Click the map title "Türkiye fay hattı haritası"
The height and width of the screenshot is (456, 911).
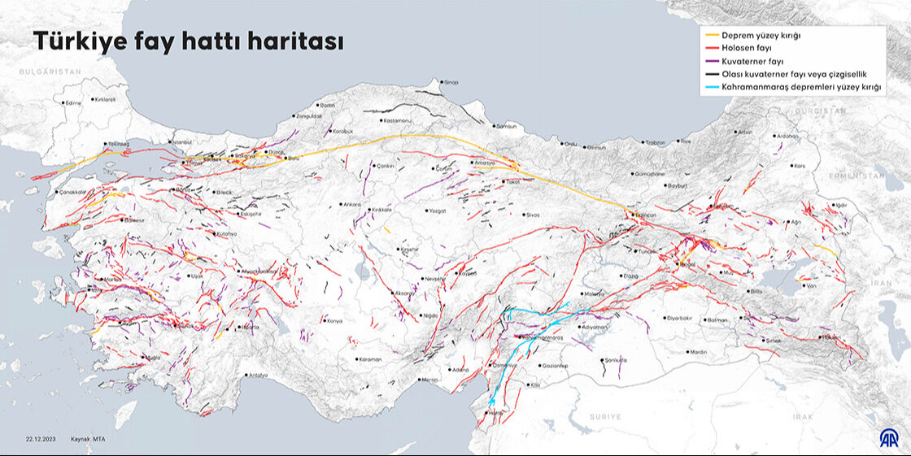[187, 42]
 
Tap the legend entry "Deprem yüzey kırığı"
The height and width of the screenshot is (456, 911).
[761, 36]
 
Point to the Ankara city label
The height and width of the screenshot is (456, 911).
[351, 204]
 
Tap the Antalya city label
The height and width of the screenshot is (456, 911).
[258, 375]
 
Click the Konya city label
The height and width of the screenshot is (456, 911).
[333, 320]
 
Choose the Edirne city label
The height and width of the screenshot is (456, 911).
[73, 103]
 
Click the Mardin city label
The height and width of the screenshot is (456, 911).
[698, 352]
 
